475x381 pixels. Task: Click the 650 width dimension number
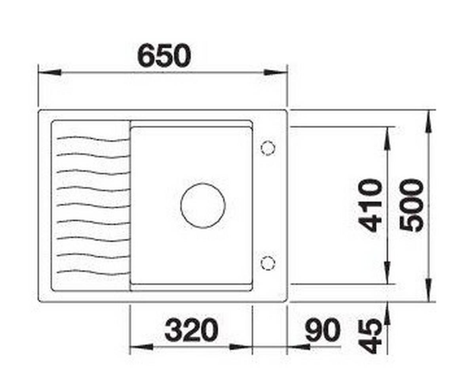[x=163, y=56]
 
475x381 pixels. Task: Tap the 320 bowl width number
[x=191, y=330]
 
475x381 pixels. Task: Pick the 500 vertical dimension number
[x=412, y=205]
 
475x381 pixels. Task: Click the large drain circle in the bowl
[x=203, y=206]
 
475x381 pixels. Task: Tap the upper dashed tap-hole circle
[x=268, y=148]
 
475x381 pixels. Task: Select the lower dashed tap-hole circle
[x=268, y=263]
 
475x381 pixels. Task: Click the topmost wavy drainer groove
[x=93, y=139]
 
